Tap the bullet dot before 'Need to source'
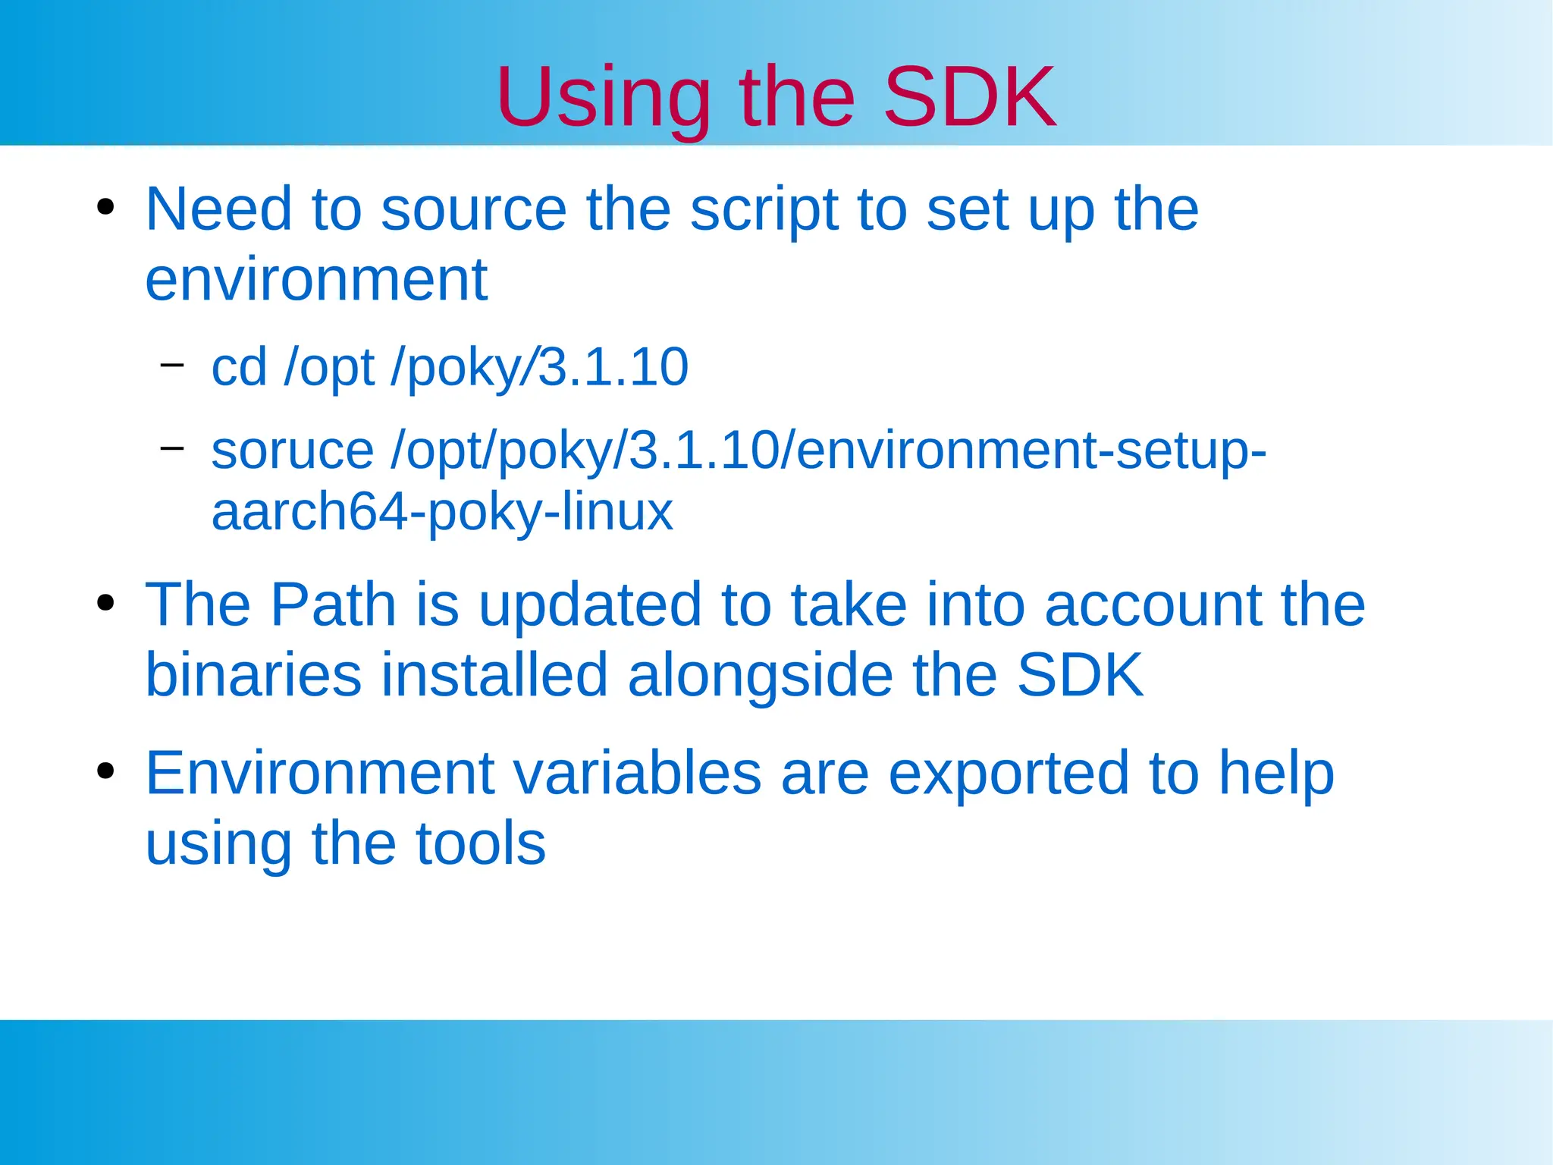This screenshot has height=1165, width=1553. pos(105,207)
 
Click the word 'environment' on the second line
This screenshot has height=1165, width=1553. pos(315,280)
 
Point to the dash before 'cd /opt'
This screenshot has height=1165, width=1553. pos(172,365)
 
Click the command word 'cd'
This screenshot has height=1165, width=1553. pos(239,367)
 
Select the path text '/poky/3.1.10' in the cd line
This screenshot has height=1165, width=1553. pos(539,367)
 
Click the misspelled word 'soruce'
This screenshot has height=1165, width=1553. pos(292,451)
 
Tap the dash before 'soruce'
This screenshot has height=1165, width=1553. pos(172,448)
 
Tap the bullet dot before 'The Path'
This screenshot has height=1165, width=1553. pos(105,604)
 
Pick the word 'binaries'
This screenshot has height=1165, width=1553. pos(253,674)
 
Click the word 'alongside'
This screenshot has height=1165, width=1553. pos(760,674)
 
